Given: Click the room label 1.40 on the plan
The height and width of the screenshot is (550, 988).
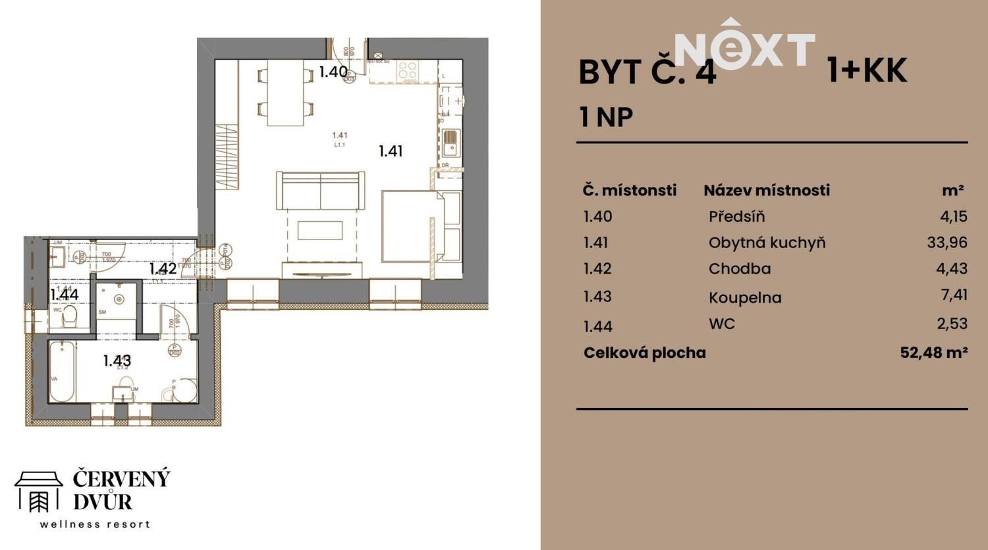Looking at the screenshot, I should (x=333, y=72).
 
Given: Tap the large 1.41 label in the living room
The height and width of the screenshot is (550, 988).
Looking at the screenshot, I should (x=390, y=151).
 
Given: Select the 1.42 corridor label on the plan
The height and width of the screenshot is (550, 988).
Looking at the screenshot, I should (x=162, y=268).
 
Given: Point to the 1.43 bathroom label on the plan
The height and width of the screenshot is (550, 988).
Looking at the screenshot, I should (x=117, y=361).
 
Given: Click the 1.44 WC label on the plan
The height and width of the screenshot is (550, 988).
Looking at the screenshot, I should (x=64, y=295).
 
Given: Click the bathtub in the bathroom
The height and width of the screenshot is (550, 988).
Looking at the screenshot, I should (x=62, y=372).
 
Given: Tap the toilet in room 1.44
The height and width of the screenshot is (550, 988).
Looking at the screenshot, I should (x=68, y=318).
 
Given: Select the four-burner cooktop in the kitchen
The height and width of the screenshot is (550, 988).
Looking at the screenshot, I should (x=407, y=71).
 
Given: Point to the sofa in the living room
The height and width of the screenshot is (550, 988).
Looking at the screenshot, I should (x=320, y=191).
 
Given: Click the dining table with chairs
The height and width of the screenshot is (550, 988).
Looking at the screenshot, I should (x=285, y=92).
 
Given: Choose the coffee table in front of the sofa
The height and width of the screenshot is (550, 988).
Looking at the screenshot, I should (x=320, y=230).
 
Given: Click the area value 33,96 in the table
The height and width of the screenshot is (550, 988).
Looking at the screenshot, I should (x=947, y=242).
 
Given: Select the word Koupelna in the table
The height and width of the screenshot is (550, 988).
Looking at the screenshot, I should (x=745, y=297).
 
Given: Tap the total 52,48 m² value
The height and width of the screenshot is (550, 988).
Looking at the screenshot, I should (x=933, y=353).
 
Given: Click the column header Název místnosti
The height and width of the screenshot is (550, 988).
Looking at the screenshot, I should (x=767, y=190).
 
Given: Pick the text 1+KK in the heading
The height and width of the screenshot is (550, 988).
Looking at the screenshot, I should (x=867, y=70).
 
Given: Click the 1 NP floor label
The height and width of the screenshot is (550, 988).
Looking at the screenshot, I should (x=606, y=117).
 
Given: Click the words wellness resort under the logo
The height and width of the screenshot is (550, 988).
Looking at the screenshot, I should (x=95, y=524).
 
